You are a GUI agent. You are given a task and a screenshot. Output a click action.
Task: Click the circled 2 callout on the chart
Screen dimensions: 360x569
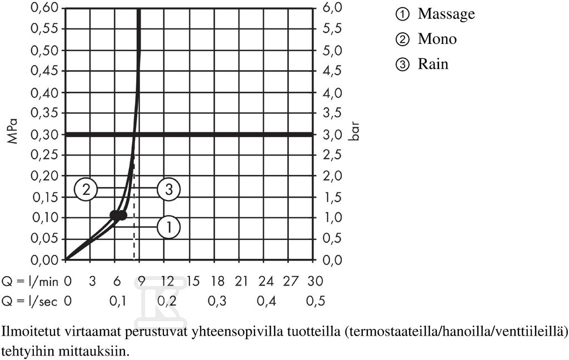point(86,189)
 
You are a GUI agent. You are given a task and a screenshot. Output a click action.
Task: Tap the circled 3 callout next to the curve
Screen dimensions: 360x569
point(169,189)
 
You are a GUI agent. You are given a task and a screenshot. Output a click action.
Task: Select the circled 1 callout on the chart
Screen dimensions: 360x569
point(169,227)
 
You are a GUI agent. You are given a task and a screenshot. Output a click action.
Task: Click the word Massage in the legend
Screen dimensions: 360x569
point(446,14)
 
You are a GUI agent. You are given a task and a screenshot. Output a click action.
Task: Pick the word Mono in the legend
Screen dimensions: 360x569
point(437,39)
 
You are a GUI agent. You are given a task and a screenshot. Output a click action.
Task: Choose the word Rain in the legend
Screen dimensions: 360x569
point(433,64)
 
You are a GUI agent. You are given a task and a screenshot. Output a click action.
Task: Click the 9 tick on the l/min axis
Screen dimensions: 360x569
point(141,281)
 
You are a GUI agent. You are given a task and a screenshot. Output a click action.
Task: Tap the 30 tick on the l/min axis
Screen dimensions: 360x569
point(315,281)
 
